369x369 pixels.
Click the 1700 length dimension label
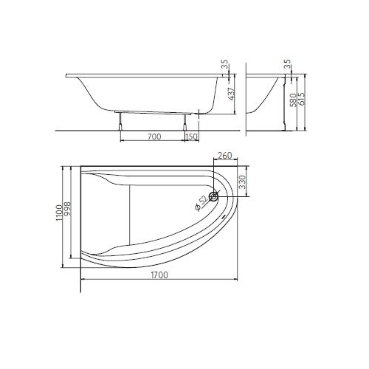pos(159,275)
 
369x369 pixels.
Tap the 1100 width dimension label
pos(59,213)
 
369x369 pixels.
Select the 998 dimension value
pos(67,209)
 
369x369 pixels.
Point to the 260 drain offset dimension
pos(225,156)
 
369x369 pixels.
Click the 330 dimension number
pos(243,182)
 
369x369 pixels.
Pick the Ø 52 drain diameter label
pos(202,204)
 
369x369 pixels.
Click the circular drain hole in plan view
pos(213,196)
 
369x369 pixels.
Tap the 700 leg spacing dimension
pos(154,137)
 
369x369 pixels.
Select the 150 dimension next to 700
pos(192,137)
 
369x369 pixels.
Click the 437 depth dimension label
pos(232,94)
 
